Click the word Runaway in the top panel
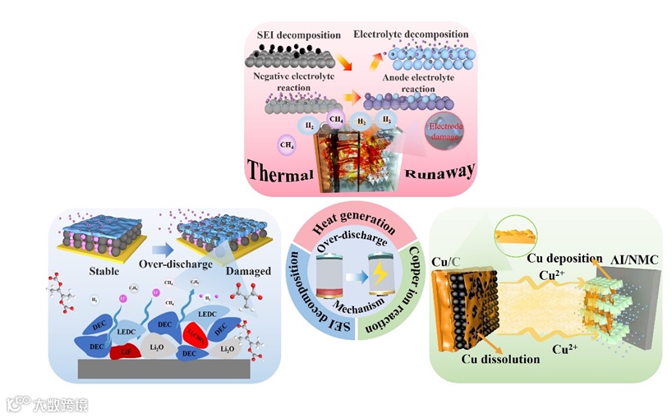coord(441,172)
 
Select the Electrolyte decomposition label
coord(411,34)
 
